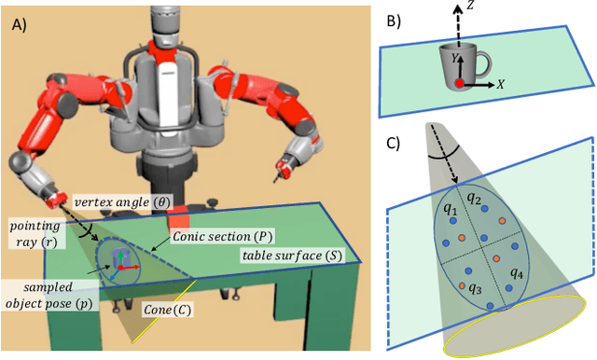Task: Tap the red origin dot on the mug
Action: click(459, 84)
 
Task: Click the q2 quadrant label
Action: click(474, 199)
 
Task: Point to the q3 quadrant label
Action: click(477, 288)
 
